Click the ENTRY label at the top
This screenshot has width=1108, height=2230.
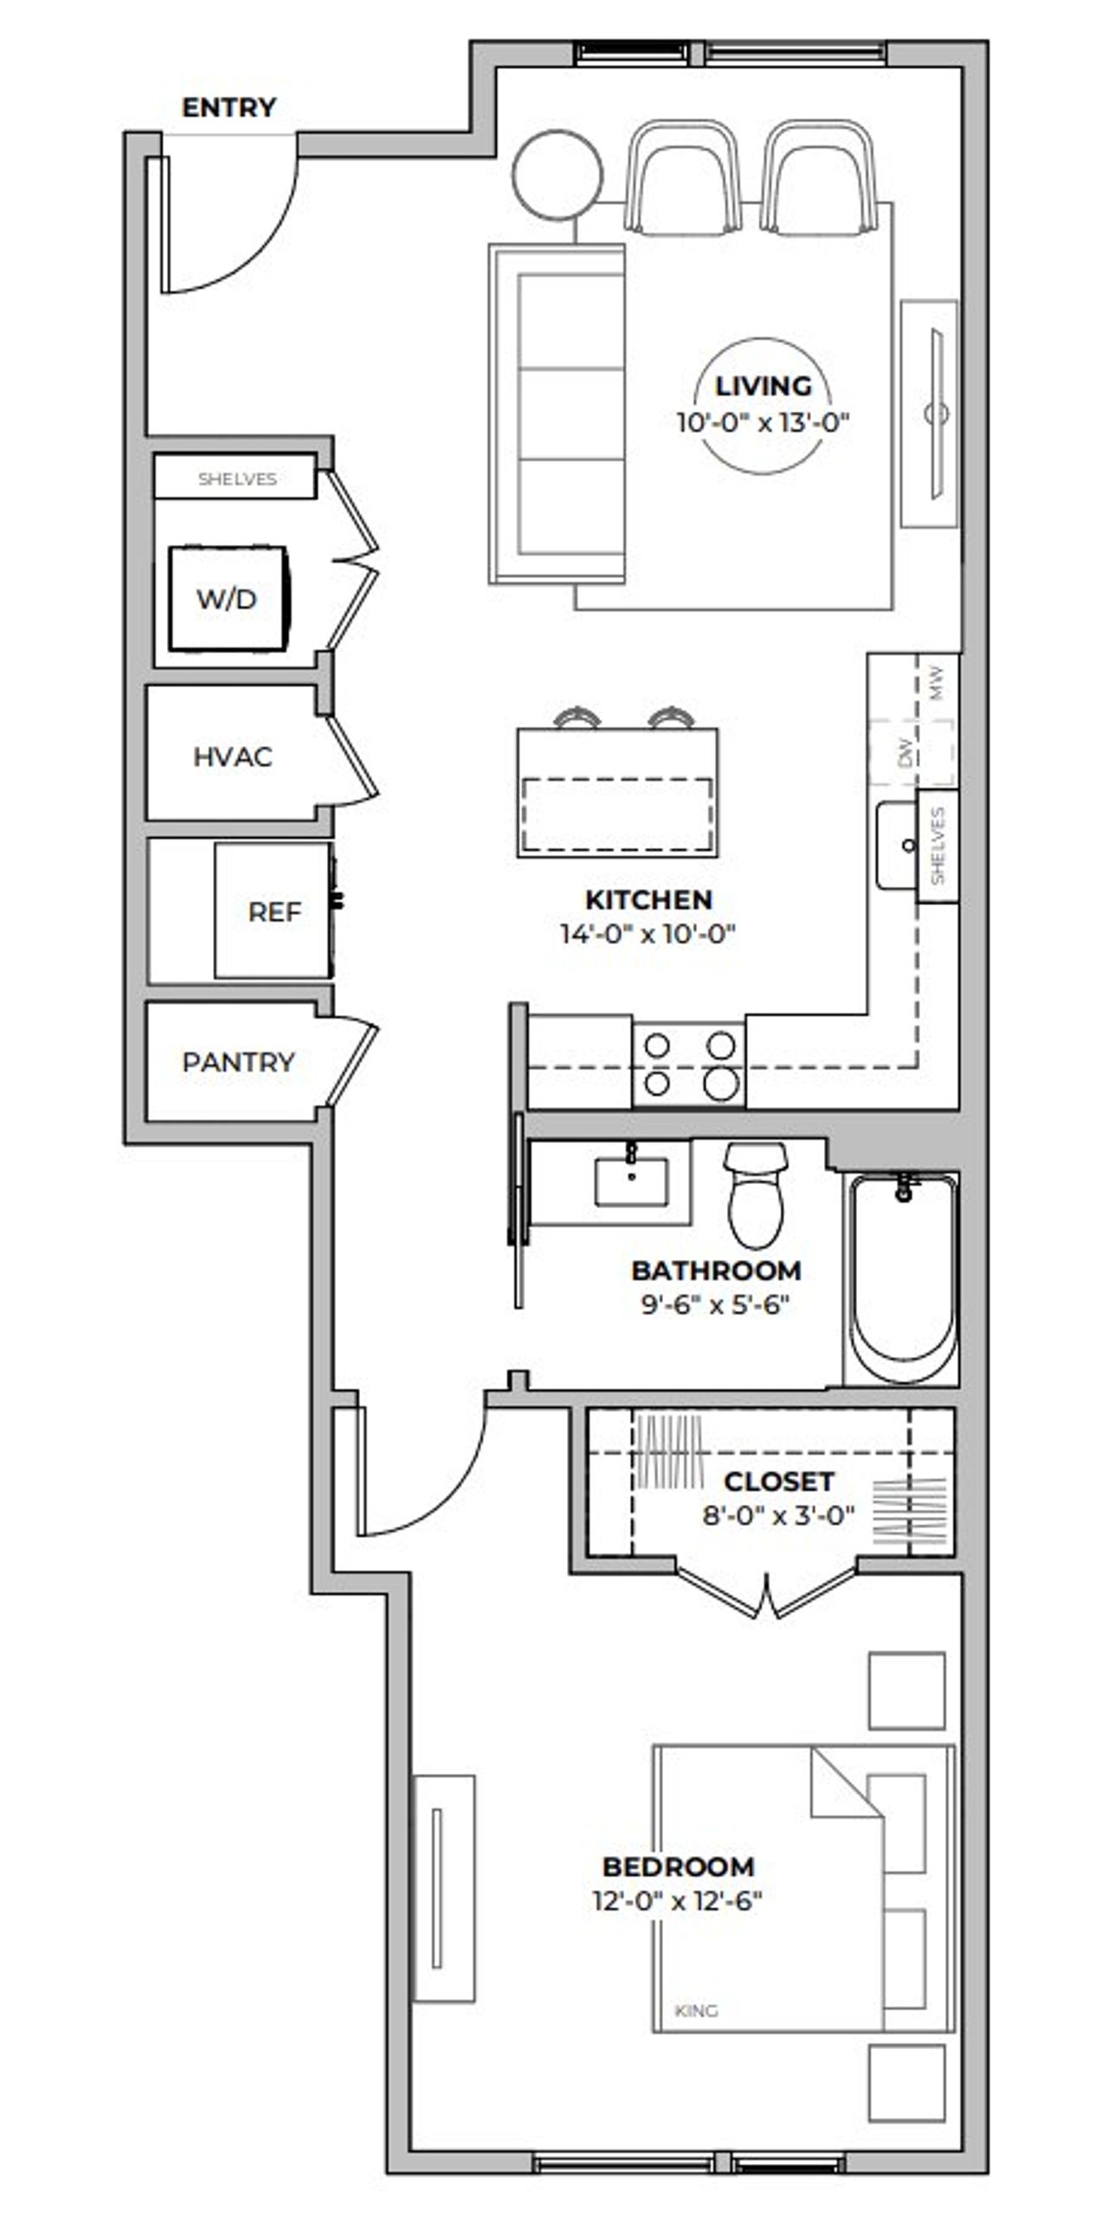(229, 107)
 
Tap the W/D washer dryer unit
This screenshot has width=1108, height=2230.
(228, 598)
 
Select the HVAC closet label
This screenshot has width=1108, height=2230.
(232, 756)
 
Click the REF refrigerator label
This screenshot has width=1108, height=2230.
(274, 911)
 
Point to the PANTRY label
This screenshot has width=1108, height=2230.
(238, 1061)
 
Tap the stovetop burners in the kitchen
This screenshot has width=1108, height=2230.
(689, 1064)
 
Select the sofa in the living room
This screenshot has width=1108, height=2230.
(557, 414)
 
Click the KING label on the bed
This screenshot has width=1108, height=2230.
(696, 2011)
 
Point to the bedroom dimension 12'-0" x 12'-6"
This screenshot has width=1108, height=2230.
(676, 1902)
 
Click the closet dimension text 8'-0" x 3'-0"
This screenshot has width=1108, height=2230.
(777, 1516)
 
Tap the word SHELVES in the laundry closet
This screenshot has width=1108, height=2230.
(237, 479)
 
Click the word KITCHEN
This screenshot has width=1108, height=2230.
(648, 899)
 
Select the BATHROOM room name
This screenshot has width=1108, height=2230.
(716, 1271)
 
